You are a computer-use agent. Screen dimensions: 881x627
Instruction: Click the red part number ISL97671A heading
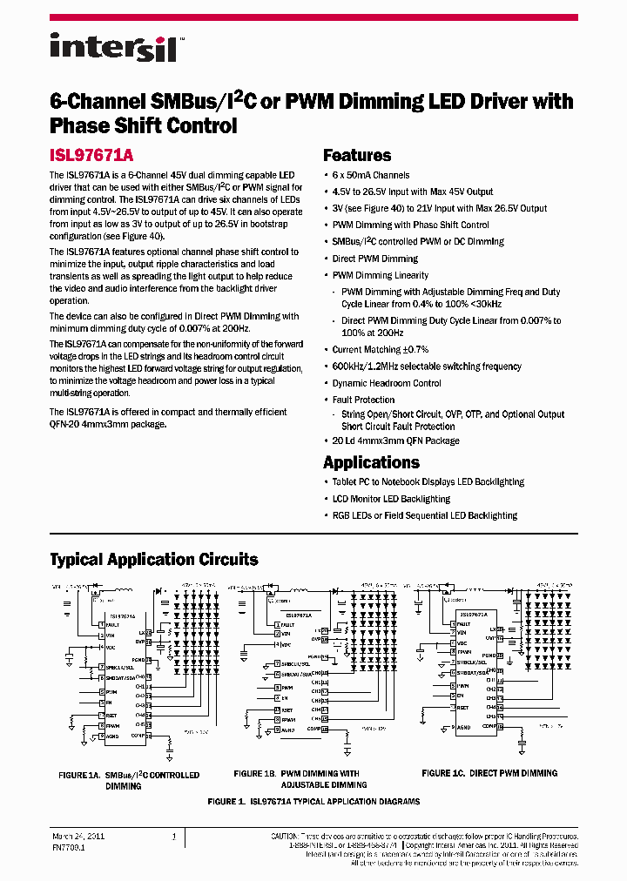pyautogui.click(x=91, y=156)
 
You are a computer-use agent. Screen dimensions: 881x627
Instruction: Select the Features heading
pyautogui.click(x=357, y=156)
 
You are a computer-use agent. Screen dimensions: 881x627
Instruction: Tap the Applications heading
pyautogui.click(x=371, y=462)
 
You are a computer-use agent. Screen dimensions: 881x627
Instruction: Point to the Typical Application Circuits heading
pyautogui.click(x=154, y=559)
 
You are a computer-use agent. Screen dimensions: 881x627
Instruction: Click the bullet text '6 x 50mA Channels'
pyautogui.click(x=371, y=175)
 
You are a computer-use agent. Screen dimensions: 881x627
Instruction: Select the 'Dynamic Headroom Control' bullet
pyautogui.click(x=387, y=383)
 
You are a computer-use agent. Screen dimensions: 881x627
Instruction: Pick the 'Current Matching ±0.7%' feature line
pyautogui.click(x=381, y=349)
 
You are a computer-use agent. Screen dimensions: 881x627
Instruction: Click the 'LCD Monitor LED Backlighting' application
pyautogui.click(x=391, y=499)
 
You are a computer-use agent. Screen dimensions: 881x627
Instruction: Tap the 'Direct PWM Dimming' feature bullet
pyautogui.click(x=375, y=259)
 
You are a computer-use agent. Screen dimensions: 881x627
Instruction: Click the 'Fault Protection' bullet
pyautogui.click(x=363, y=400)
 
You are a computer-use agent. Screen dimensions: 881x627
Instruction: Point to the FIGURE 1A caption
pyautogui.click(x=128, y=780)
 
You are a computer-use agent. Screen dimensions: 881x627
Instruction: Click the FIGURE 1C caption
pyautogui.click(x=489, y=773)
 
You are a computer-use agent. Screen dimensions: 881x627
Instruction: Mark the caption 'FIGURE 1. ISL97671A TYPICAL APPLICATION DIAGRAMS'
pyautogui.click(x=313, y=801)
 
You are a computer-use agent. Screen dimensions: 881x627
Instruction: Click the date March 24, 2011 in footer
pyautogui.click(x=74, y=837)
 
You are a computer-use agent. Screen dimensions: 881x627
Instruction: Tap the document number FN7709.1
pyautogui.click(x=68, y=846)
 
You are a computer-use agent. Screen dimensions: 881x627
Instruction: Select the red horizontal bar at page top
pyautogui.click(x=313, y=17)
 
